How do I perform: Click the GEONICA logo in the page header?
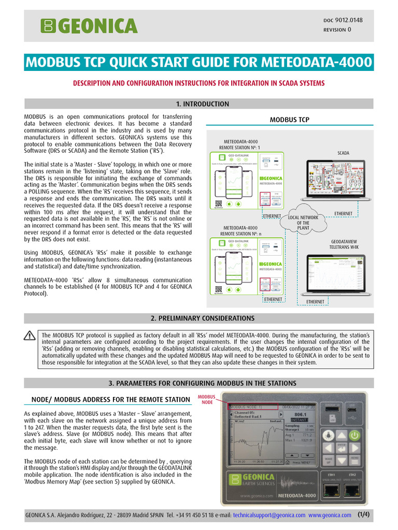[90, 25]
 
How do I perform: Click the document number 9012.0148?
[350, 20]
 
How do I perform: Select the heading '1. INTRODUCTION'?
[199, 104]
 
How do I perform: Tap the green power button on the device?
[354, 435]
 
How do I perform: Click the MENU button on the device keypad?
[354, 460]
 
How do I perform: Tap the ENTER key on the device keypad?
[341, 446]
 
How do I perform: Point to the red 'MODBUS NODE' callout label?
[207, 400]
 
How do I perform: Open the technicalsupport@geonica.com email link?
[269, 516]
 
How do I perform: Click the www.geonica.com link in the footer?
[330, 516]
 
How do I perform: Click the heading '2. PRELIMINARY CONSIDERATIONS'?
[199, 318]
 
